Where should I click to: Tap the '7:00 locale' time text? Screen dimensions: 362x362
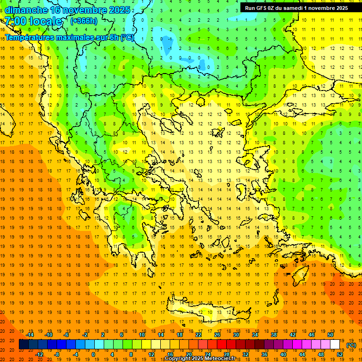33,21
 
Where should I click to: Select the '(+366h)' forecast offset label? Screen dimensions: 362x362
83,21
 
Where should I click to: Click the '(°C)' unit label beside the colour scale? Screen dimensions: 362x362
351,345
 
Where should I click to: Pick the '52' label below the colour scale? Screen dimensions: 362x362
340,354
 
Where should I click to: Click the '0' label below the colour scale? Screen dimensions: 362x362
93,354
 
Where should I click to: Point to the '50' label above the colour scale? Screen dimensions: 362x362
330,335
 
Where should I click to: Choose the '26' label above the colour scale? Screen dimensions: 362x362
217,335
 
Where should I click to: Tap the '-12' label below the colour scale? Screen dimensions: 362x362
39,354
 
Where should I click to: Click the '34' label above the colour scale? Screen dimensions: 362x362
255,335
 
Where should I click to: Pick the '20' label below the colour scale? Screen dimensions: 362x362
189,354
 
